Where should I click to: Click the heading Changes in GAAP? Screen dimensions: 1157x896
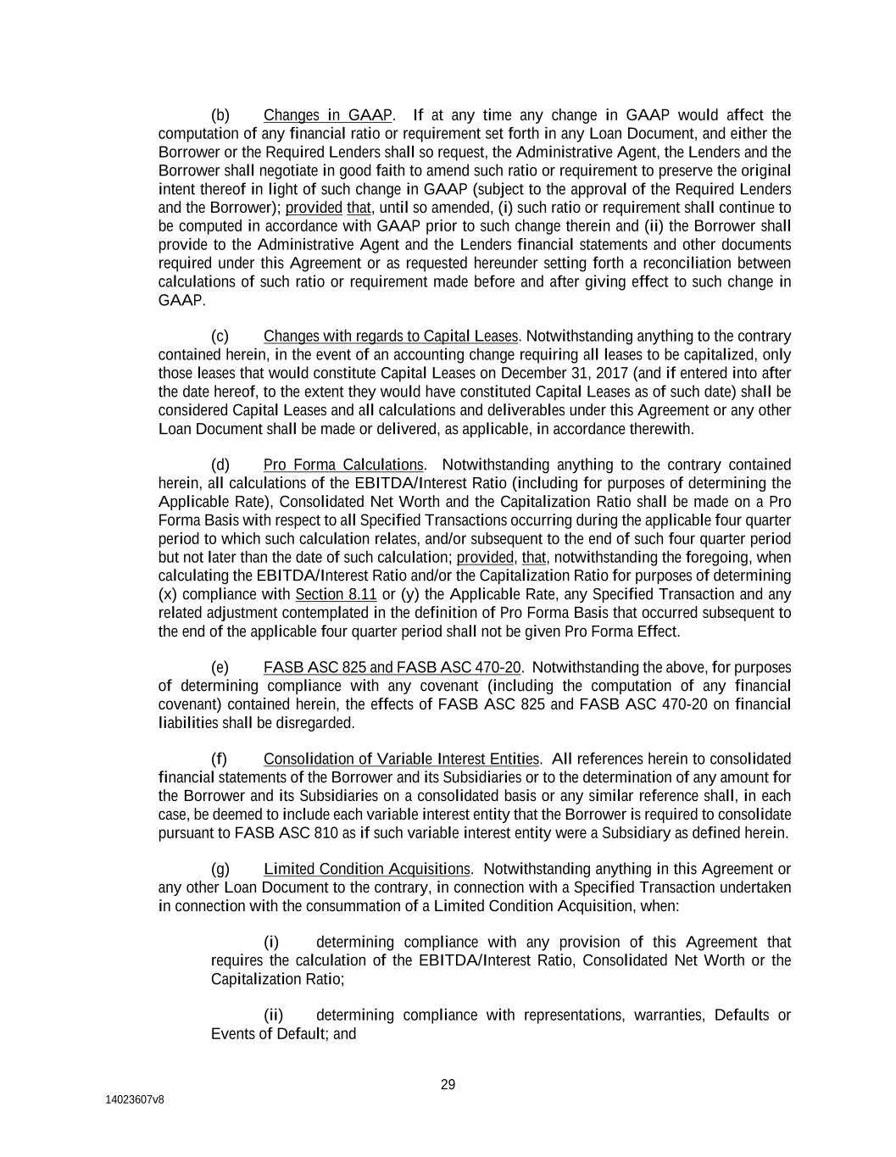327,115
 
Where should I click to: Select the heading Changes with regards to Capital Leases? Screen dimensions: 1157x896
390,337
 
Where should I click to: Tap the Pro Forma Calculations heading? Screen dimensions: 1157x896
342,465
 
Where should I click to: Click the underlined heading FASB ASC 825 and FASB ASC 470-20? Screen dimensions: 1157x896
392,668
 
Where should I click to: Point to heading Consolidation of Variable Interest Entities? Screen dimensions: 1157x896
401,759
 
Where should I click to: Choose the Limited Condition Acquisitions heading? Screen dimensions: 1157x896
366,870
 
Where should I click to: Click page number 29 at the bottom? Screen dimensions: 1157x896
448,1085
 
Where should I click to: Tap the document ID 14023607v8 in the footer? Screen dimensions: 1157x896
135,1099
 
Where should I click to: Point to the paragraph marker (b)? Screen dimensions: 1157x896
220,115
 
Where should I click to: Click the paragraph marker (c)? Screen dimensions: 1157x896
220,337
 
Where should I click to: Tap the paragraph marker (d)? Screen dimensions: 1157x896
220,465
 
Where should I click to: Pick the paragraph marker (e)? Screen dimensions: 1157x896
220,668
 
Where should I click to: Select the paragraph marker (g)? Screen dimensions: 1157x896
220,870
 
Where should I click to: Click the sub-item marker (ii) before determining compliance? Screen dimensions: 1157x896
273,1015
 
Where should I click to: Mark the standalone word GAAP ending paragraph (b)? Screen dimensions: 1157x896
181,301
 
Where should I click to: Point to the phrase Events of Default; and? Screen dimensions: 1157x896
283,1034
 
